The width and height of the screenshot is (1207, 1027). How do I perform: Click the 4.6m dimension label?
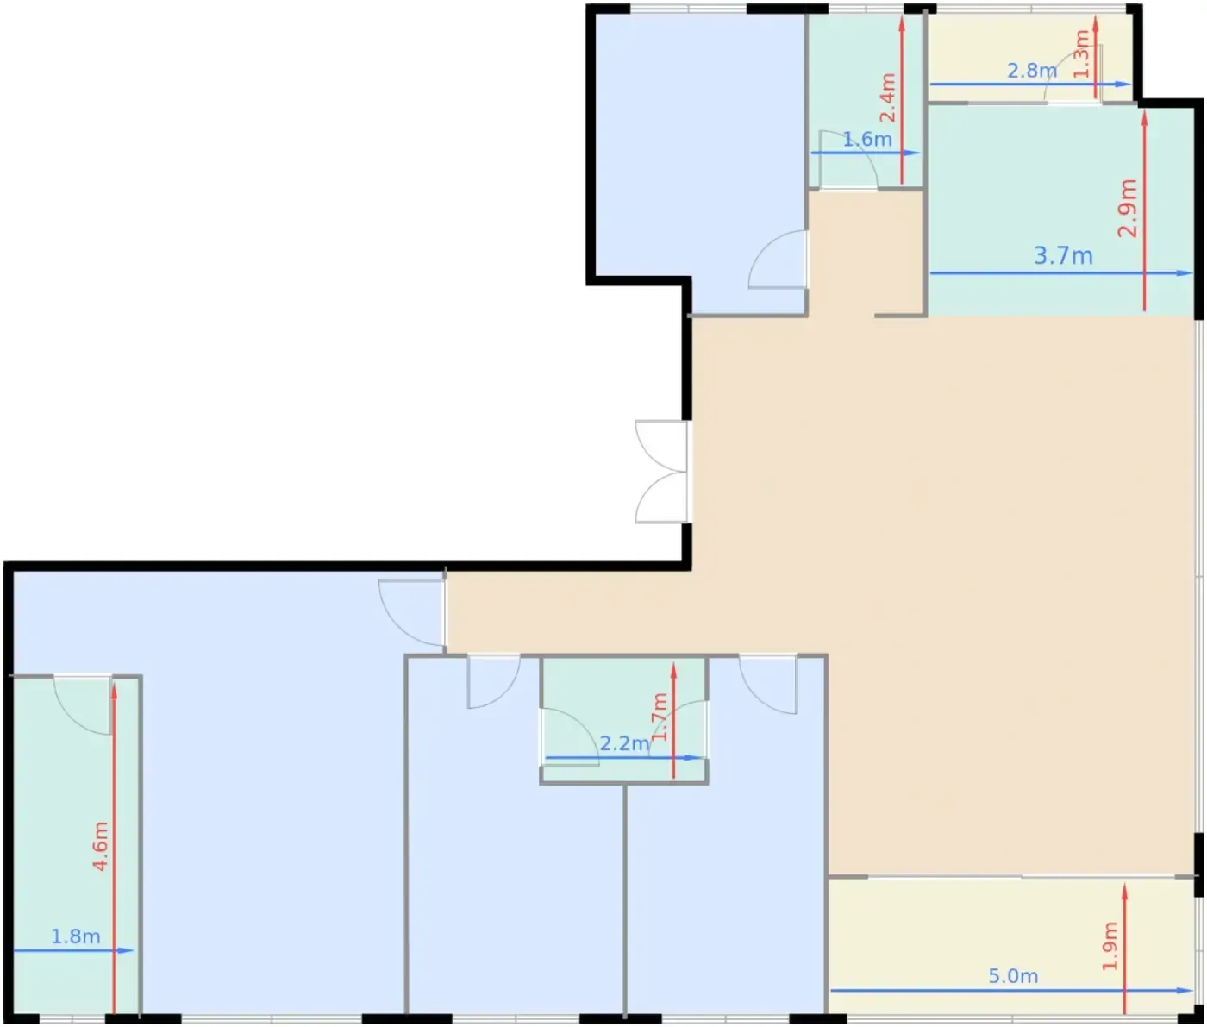(101, 847)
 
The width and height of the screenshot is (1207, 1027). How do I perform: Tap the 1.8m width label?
(76, 936)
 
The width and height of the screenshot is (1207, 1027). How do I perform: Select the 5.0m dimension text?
(1013, 976)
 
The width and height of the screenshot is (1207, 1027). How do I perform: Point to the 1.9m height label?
(1110, 947)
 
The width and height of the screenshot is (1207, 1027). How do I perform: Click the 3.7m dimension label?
(1063, 256)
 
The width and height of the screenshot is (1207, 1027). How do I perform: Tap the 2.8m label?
(1032, 71)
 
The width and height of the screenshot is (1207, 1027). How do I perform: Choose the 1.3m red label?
(1082, 53)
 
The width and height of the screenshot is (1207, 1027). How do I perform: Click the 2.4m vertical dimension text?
(887, 97)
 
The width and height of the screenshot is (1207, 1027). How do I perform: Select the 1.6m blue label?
(867, 139)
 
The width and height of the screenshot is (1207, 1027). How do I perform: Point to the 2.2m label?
(625, 743)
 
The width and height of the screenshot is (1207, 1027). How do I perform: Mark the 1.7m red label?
(659, 717)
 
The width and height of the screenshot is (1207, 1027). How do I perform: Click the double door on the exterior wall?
(661, 472)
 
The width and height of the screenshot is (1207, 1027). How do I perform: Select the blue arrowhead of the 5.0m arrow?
(1185, 991)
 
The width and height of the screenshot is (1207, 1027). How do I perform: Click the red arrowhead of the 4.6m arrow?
(114, 691)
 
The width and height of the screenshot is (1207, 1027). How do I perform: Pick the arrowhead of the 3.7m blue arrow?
(1185, 272)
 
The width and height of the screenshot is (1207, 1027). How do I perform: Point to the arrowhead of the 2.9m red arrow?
(1145, 119)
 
